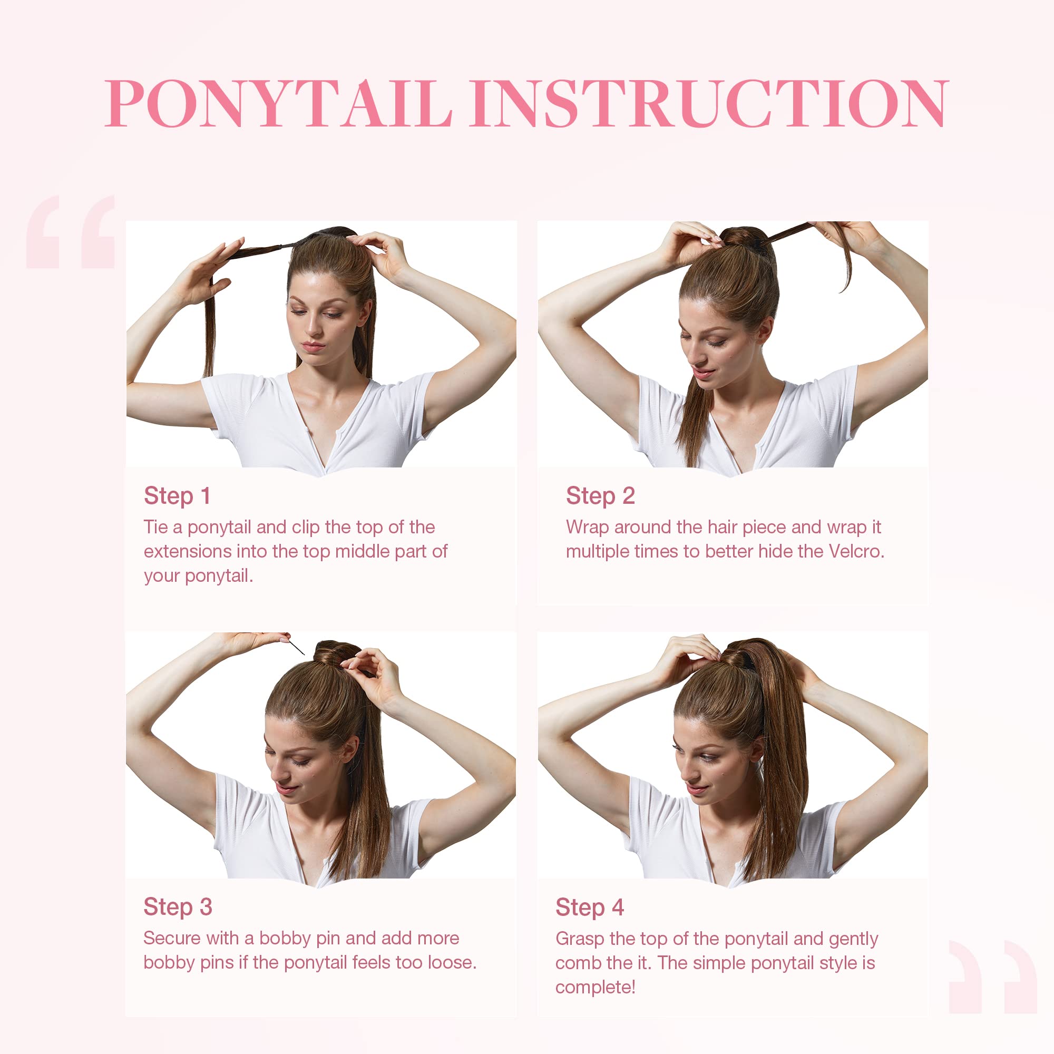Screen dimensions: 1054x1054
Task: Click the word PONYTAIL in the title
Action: [x=278, y=104]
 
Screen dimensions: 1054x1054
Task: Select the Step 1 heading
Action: [x=177, y=496]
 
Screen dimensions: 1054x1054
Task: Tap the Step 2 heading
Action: [x=600, y=496]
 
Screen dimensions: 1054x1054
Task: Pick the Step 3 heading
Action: [x=177, y=906]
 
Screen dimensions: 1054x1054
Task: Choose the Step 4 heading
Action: [x=589, y=907]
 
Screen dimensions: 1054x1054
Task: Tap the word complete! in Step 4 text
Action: [x=594, y=987]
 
